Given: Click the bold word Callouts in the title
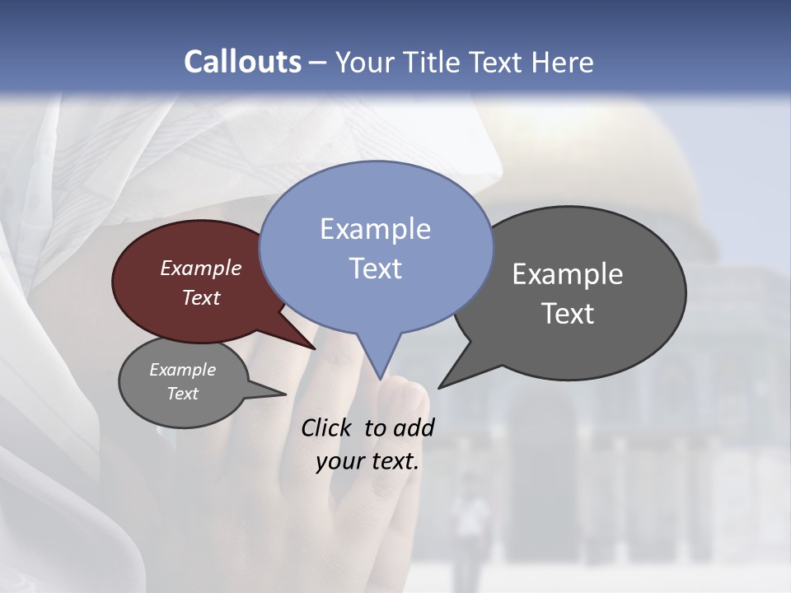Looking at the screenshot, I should (x=242, y=62).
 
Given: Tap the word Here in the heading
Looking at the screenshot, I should (x=563, y=62).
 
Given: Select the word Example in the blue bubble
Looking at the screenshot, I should (x=375, y=229).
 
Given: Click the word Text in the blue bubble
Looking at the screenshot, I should (x=375, y=268).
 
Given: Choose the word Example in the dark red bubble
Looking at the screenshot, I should (x=201, y=268).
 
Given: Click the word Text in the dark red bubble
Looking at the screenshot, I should (x=201, y=297).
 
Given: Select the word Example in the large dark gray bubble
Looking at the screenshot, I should (x=568, y=274).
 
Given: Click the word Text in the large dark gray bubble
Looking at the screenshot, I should (x=568, y=314).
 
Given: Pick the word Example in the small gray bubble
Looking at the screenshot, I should (x=182, y=370).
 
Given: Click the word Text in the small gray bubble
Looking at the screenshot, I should (x=182, y=394).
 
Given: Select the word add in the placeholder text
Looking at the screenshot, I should (x=414, y=427).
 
